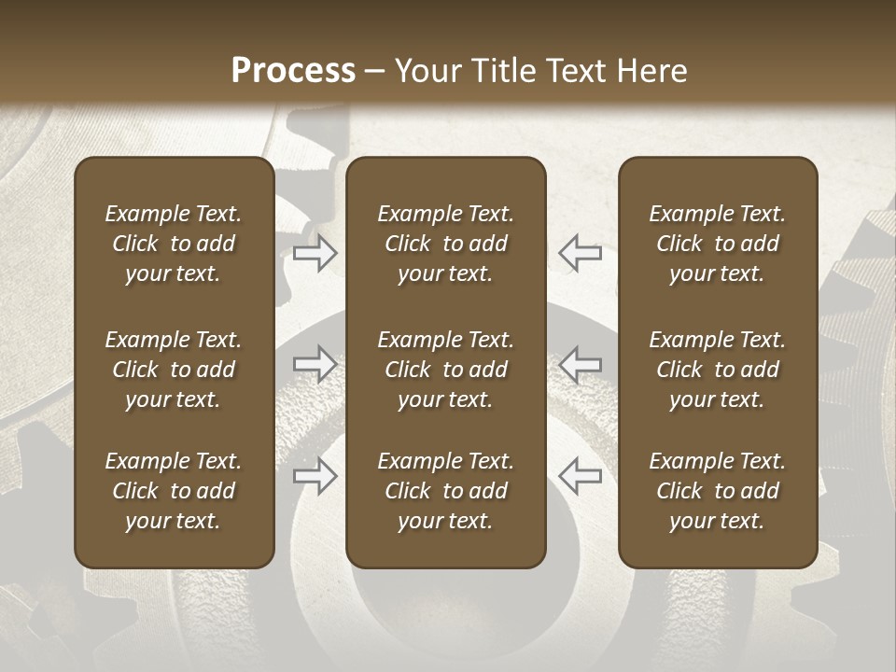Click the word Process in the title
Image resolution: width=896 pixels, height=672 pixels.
pos(293,70)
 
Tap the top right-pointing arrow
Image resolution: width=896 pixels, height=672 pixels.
pos(315,253)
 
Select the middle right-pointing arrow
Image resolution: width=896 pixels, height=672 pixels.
pos(315,364)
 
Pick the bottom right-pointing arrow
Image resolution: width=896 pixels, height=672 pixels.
pos(315,476)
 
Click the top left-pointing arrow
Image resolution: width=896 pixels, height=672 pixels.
pos(580,253)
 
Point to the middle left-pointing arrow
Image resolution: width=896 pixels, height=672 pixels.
pos(580,364)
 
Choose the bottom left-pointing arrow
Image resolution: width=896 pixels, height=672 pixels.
pos(580,476)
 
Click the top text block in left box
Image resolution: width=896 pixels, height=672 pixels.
pos(174,244)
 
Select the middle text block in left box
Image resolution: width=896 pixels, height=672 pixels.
pos(174,370)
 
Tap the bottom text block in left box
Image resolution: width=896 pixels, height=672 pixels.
pos(174,491)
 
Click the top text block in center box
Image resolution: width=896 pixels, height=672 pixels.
pos(445,244)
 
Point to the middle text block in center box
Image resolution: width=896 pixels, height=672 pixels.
pos(445,370)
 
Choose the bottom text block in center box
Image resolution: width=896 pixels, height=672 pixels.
pos(445,491)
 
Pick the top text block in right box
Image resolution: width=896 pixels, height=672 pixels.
pos(717,244)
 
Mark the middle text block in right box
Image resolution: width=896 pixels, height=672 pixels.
pos(717,370)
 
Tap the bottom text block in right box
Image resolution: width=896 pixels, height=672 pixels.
pos(717,491)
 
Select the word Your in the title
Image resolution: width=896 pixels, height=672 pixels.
pos(427,70)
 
